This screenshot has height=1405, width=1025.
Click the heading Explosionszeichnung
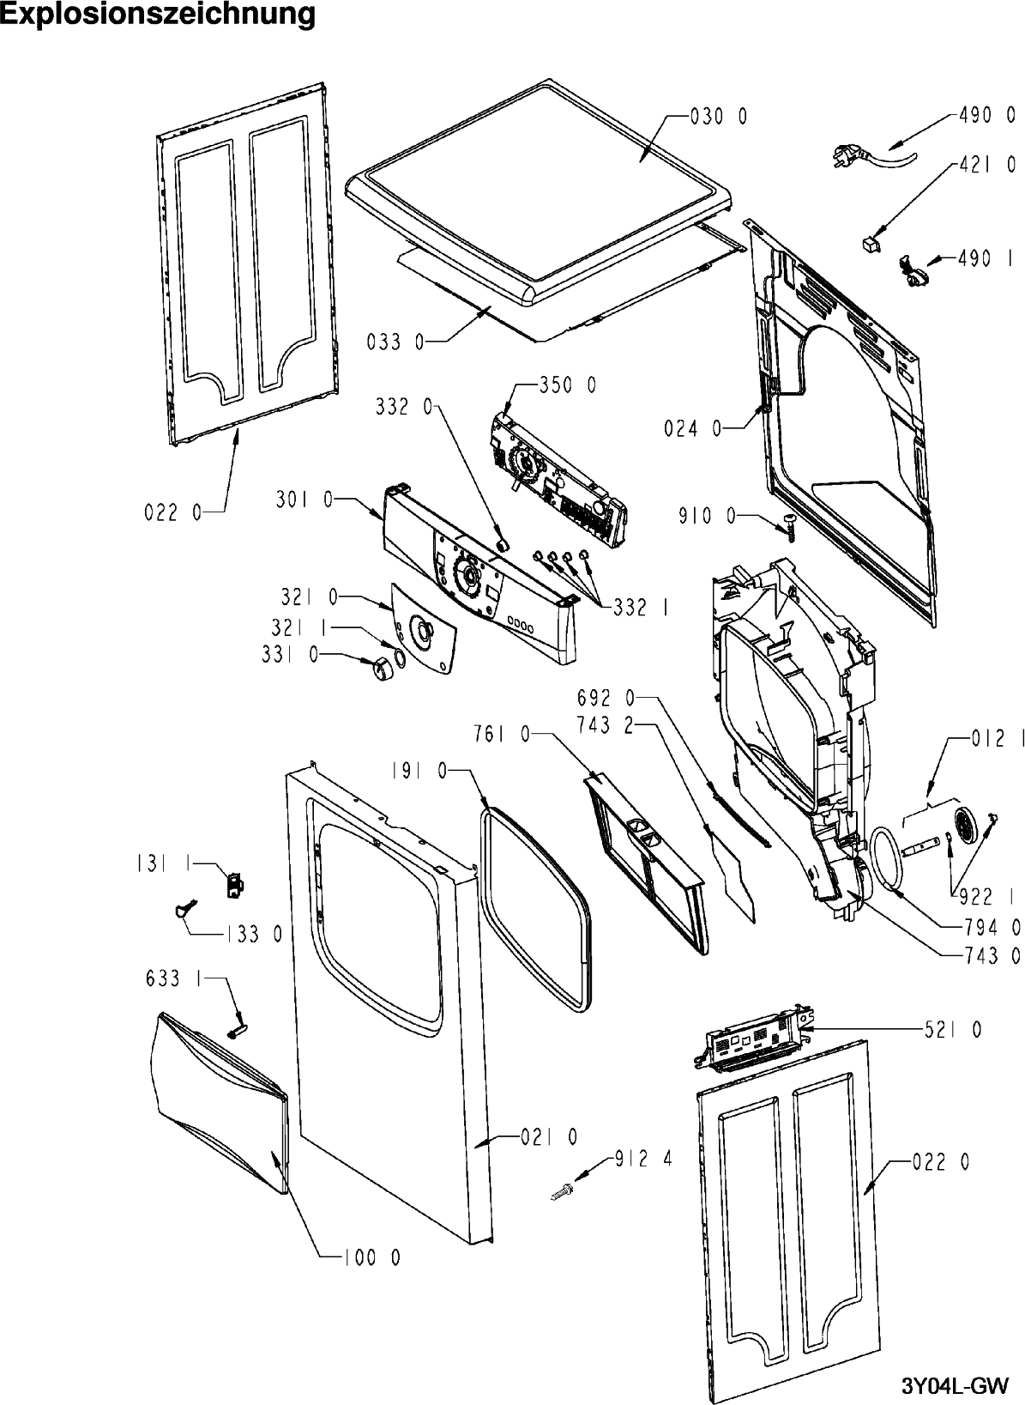158,14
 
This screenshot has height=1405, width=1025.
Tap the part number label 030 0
719,117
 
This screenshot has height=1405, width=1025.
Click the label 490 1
984,257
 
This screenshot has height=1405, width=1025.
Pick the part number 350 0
567,385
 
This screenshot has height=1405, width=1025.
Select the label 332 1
641,607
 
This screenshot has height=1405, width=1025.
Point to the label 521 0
953,1029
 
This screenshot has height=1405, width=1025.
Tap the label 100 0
371,1257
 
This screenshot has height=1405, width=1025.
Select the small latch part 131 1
234,885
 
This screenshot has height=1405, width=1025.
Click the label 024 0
693,429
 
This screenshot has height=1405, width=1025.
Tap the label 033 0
395,342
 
